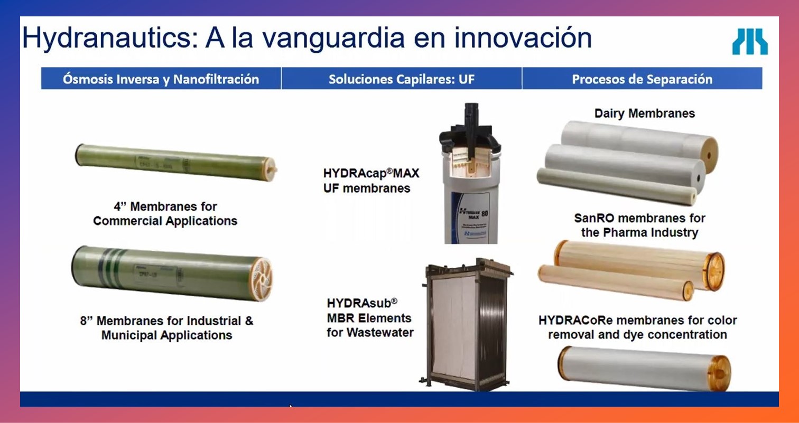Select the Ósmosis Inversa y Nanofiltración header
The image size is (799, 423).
161,79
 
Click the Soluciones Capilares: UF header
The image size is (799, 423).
401,79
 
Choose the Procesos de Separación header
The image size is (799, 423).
642,79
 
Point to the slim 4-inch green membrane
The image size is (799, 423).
174,162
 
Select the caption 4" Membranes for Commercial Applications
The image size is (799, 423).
165,213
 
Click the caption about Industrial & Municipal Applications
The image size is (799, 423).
166,327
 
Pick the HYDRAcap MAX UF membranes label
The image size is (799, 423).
371,180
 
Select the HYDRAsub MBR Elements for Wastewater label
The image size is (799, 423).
369,318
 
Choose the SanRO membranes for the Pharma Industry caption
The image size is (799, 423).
639,225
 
